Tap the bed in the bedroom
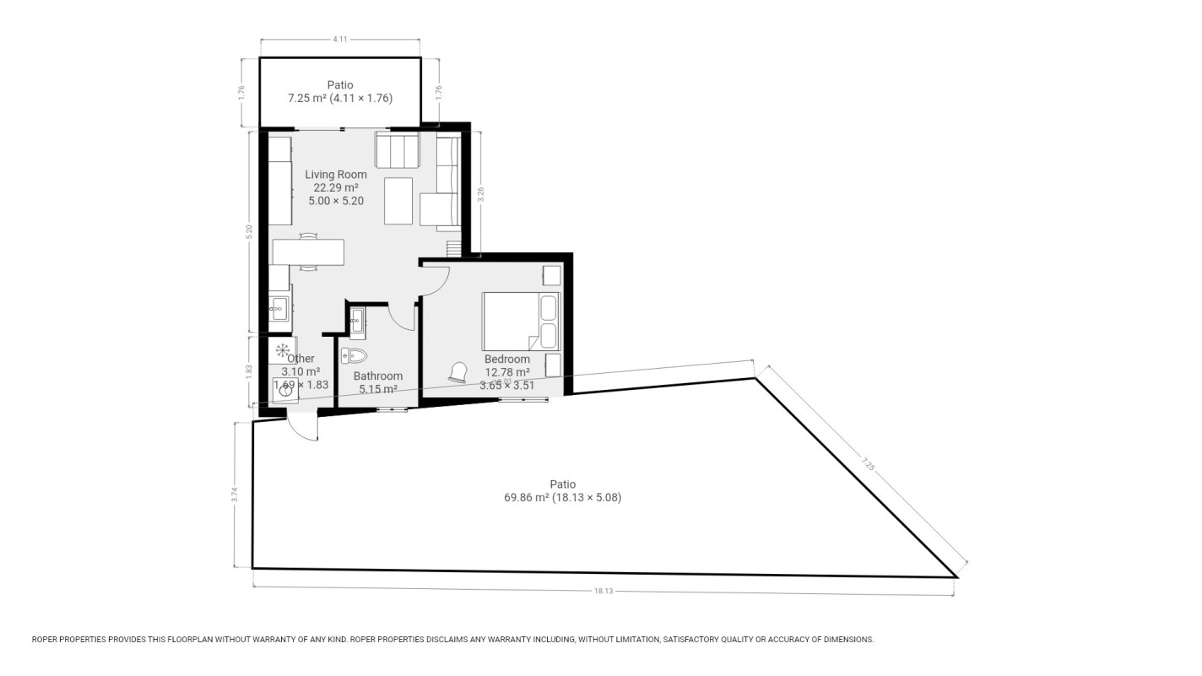tap(520, 321)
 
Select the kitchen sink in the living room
tap(279, 310)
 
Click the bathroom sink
tap(357, 319)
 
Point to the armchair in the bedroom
tap(459, 371)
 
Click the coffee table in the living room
tap(398, 201)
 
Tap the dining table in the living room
tap(308, 252)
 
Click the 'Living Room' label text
tap(336, 175)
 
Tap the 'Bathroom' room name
tap(378, 376)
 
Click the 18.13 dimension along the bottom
tap(603, 591)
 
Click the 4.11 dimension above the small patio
tap(340, 40)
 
